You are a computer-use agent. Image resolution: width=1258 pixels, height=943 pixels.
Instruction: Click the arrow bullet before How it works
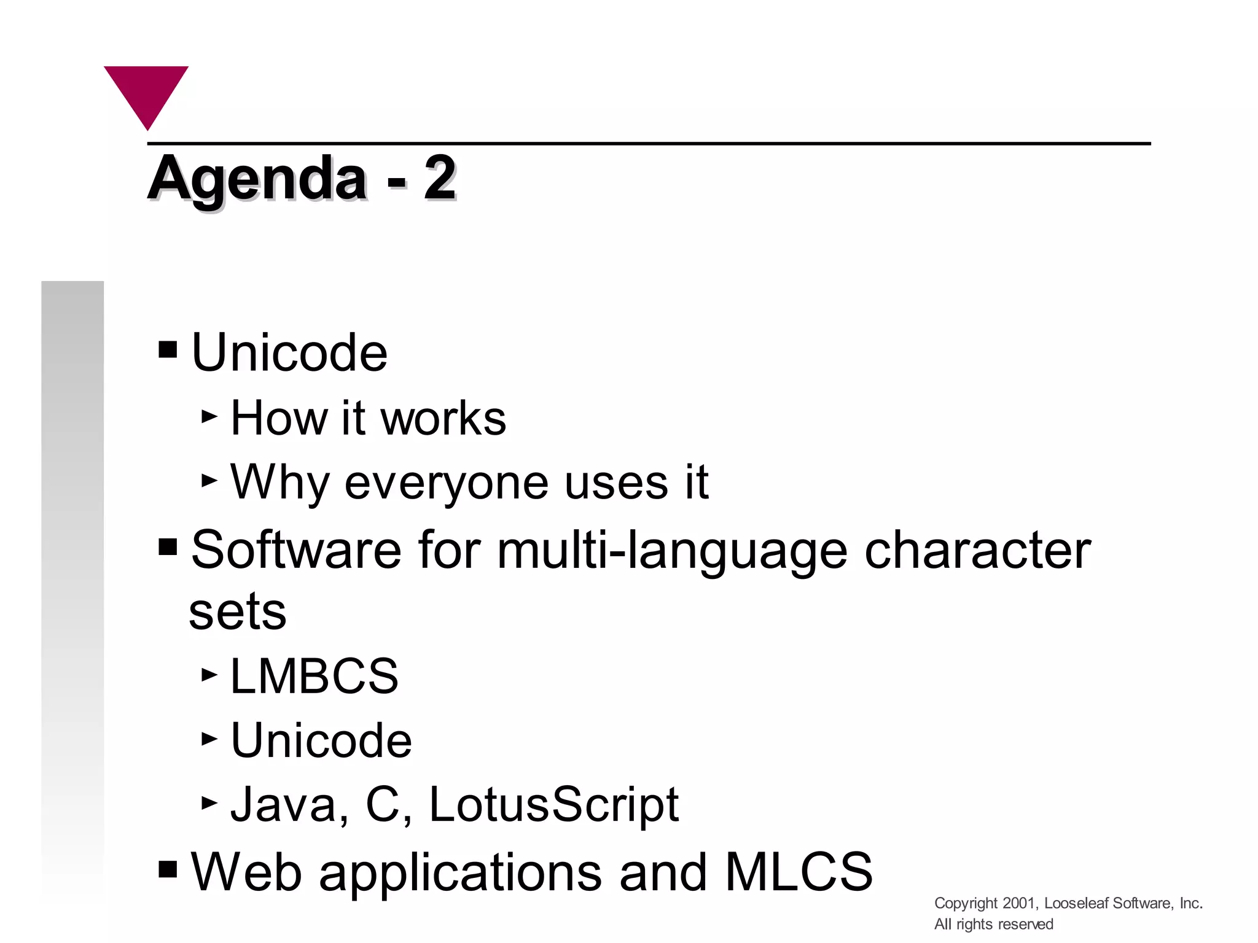[x=209, y=417]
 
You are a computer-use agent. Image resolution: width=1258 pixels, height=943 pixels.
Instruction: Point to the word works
[x=443, y=418]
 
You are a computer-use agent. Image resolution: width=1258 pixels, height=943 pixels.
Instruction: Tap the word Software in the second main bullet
[x=296, y=549]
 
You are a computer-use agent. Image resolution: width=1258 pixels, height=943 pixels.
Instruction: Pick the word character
[x=977, y=549]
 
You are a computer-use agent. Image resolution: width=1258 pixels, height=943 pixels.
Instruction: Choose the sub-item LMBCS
[x=314, y=676]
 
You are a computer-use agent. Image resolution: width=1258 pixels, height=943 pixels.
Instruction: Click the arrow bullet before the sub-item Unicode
[x=209, y=739]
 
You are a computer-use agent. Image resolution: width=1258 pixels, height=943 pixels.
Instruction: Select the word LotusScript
[x=553, y=804]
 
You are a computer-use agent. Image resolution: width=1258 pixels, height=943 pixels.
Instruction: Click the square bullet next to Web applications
[x=168, y=869]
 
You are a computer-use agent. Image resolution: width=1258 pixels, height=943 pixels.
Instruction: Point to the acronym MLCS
[x=799, y=871]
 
